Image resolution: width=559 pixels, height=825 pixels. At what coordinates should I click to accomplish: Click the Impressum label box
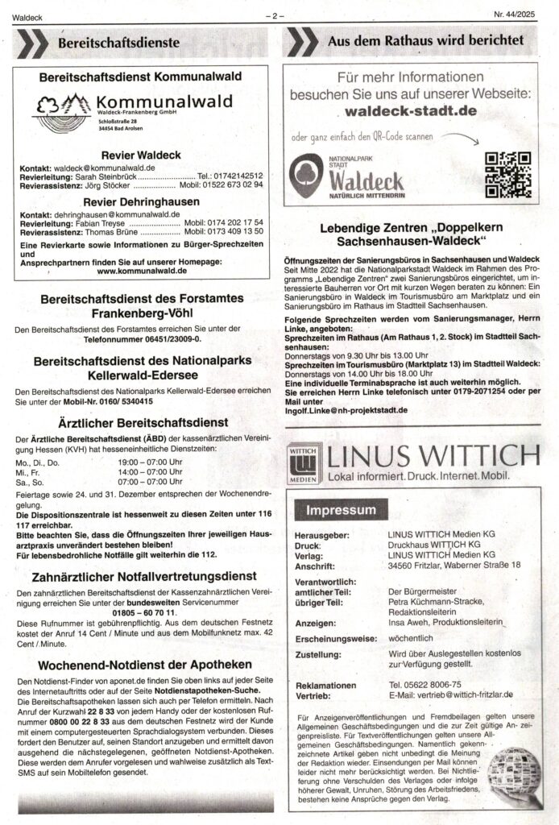[x=339, y=510]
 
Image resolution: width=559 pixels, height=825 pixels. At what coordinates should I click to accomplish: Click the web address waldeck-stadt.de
[x=414, y=110]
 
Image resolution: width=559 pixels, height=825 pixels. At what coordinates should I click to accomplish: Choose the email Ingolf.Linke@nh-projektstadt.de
[x=346, y=409]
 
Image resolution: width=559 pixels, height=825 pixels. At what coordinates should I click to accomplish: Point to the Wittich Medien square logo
[x=303, y=462]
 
